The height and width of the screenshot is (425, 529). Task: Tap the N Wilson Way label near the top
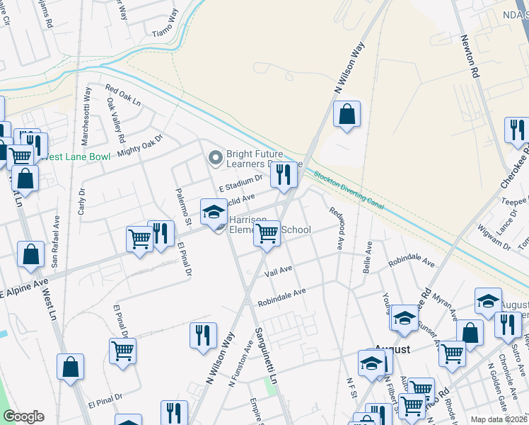[349, 67]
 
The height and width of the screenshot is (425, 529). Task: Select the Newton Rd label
[471, 57]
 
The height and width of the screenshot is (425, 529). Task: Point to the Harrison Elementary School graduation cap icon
[214, 212]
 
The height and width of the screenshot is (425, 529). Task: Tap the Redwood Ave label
[336, 227]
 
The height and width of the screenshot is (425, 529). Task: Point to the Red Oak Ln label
[123, 96]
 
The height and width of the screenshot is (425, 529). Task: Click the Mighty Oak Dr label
[140, 144]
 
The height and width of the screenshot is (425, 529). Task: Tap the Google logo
[23, 416]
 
